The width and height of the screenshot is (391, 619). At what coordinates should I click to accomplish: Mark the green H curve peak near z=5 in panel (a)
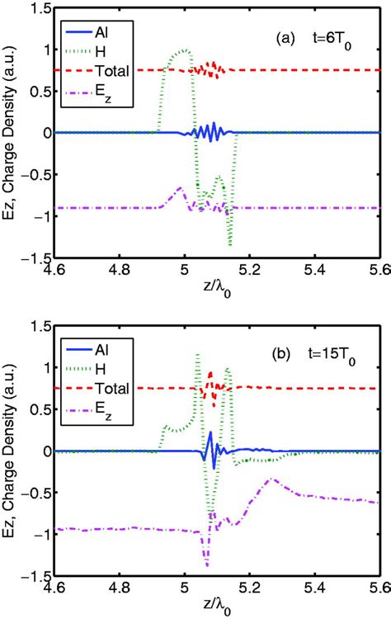point(185,50)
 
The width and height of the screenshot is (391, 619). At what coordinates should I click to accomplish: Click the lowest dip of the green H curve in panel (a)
point(229,244)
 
